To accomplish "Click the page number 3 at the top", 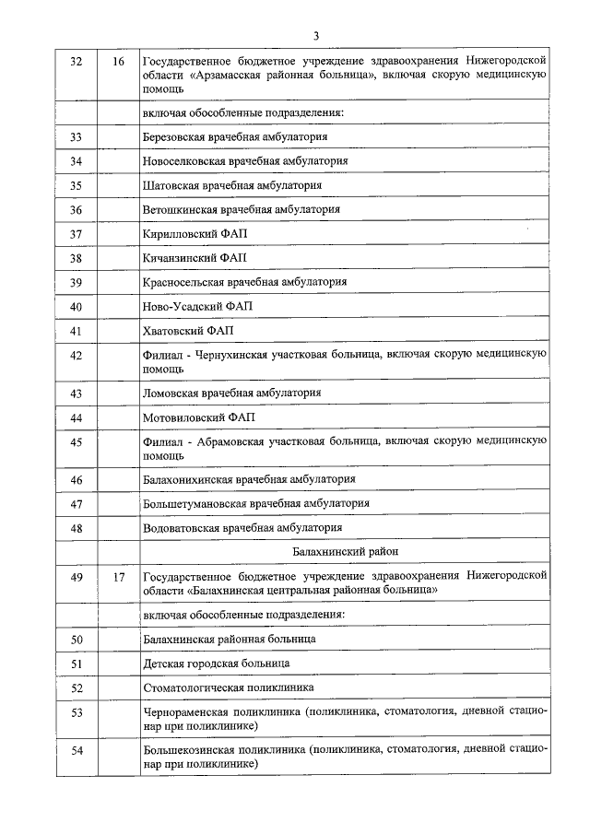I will (x=315, y=36).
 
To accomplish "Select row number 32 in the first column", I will (x=77, y=62).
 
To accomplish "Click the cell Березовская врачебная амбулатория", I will (x=236, y=137).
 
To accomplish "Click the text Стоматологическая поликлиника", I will (x=229, y=687).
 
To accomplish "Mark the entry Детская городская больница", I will (x=217, y=664).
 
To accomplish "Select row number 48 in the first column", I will (x=77, y=528).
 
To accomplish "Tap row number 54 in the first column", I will (x=77, y=750).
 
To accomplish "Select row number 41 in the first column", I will (x=77, y=329).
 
